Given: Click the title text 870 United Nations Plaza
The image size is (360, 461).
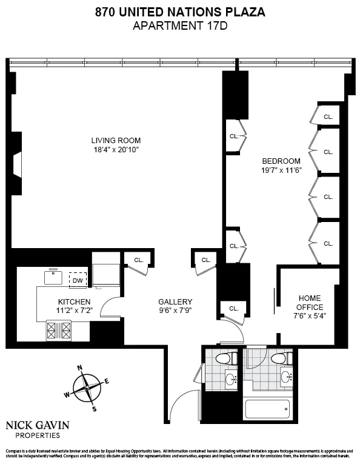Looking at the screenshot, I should (180, 12).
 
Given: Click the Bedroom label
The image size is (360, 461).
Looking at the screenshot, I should (281, 161).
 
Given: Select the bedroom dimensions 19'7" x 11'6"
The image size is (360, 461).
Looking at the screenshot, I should (281, 170).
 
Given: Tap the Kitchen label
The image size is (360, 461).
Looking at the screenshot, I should (75, 301).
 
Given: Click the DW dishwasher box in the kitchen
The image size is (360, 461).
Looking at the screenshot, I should (78, 280).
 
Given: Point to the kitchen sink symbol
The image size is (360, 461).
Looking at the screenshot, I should (53, 277).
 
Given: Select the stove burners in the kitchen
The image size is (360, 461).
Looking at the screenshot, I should (59, 331).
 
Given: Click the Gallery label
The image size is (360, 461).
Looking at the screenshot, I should (175, 301).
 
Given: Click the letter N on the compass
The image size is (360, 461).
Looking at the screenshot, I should (79, 368).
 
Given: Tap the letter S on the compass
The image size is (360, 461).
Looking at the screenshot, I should (94, 409).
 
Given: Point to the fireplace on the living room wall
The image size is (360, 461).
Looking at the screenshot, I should (18, 164).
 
